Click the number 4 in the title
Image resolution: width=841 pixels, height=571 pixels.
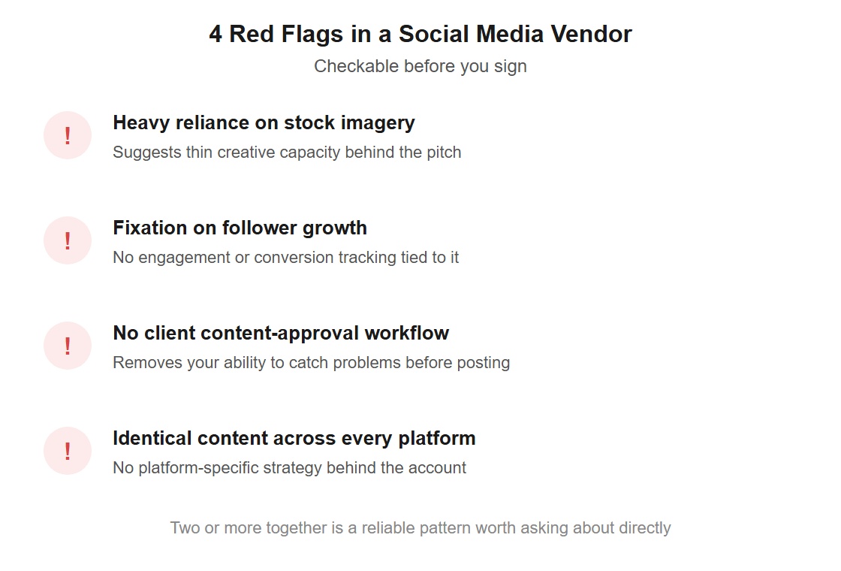pos(216,34)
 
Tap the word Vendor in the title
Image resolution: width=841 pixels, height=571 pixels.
pos(592,34)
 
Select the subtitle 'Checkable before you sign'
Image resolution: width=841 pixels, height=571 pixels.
pos(420,66)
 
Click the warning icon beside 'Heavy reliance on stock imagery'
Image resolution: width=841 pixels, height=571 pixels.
pos(68,135)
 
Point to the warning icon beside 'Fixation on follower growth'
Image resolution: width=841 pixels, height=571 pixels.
pos(68,240)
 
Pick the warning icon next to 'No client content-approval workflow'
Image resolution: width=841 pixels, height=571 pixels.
pos(68,346)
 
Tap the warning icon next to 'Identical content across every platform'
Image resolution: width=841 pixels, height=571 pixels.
pos(68,451)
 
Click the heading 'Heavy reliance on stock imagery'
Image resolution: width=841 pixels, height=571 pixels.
pos(264,123)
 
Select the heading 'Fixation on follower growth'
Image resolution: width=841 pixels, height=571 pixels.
pos(240,228)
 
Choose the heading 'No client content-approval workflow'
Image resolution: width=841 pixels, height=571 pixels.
pos(281,333)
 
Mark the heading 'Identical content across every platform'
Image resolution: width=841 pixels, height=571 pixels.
pos(294,439)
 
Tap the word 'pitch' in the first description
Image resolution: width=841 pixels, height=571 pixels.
pos(444,153)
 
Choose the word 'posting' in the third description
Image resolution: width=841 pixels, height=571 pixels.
pos(484,363)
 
